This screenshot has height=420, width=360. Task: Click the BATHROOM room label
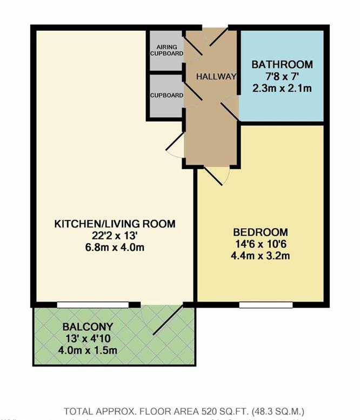tap(282, 64)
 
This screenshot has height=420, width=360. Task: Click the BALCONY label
tap(87, 327)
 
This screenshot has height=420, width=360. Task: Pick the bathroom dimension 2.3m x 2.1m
tap(282, 88)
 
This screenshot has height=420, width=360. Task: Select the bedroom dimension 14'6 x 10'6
tap(261, 244)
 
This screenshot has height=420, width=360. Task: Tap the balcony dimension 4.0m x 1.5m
tap(87, 350)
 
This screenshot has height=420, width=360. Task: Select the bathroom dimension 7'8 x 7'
tap(282, 76)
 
